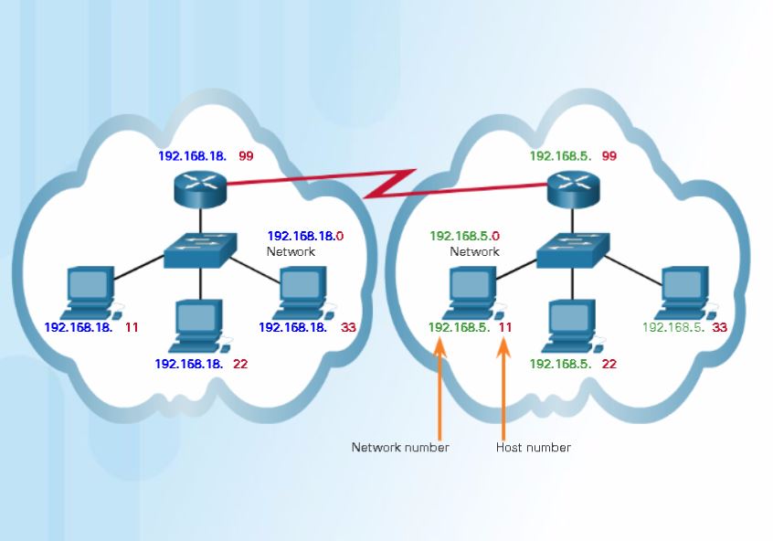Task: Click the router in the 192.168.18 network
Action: (x=198, y=188)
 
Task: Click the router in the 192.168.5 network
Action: (x=570, y=190)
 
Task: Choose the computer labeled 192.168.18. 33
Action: (x=304, y=291)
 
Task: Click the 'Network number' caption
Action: (x=400, y=448)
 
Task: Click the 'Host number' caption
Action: (x=534, y=448)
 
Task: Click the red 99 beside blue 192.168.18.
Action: (x=246, y=156)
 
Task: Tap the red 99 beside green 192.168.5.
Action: (x=609, y=156)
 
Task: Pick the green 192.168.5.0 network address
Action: (x=465, y=236)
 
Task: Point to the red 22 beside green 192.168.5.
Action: (x=609, y=364)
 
